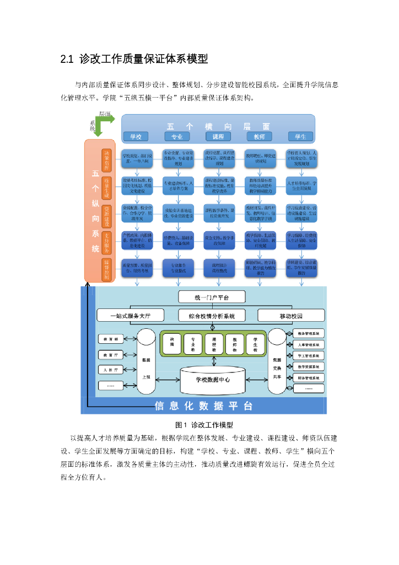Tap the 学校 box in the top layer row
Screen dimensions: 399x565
pyautogui.click(x=136, y=136)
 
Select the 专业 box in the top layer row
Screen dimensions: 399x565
pyautogui.click(x=177, y=136)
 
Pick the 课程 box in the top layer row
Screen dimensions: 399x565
pyautogui.click(x=218, y=136)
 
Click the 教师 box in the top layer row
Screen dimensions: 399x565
pyautogui.click(x=259, y=136)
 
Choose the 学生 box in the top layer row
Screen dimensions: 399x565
pyautogui.click(x=301, y=136)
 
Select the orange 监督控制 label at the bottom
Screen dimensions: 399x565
pyautogui.click(x=107, y=268)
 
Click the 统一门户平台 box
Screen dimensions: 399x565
pyautogui.click(x=212, y=297)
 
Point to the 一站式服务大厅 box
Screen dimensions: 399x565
pyautogui.click(x=130, y=316)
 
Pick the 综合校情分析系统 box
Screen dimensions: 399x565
pyautogui.click(x=212, y=316)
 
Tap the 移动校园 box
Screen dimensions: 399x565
pyautogui.click(x=292, y=316)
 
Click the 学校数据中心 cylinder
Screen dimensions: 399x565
pyautogui.click(x=213, y=380)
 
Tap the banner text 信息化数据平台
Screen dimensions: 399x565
pyautogui.click(x=204, y=406)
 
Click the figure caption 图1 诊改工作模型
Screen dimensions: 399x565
pyautogui.click(x=204, y=425)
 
